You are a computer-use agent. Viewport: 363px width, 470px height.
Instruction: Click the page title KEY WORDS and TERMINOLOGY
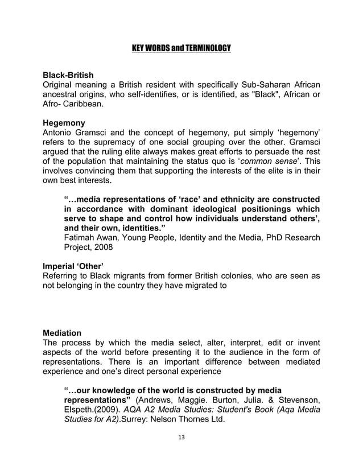[181, 47]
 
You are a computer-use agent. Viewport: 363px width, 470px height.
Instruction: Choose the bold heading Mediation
[63, 332]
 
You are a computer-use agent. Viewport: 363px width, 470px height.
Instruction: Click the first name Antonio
[60, 133]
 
